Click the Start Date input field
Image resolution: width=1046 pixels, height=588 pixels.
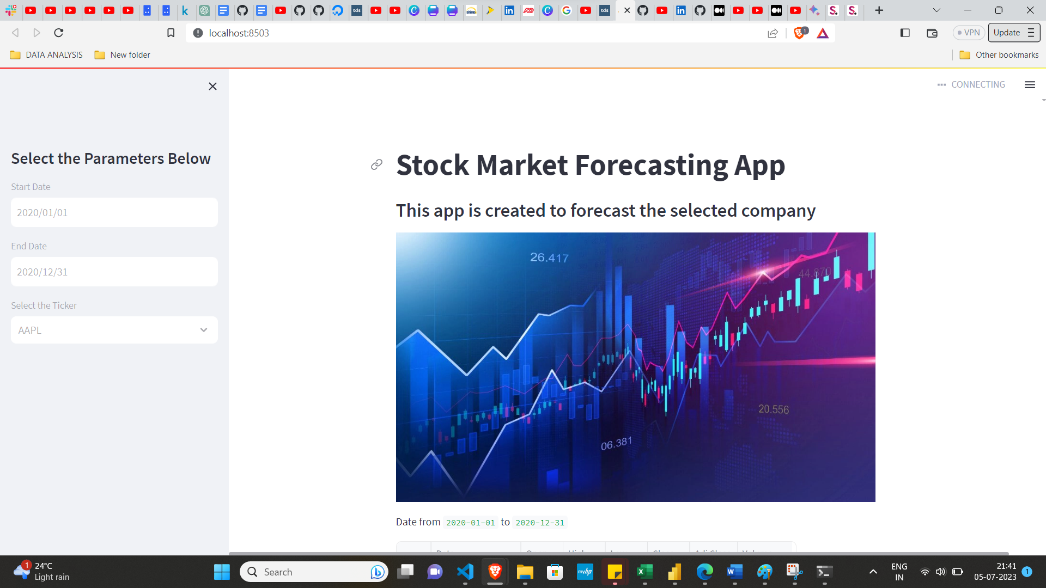tap(114, 212)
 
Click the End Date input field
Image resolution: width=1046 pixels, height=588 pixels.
tap(114, 272)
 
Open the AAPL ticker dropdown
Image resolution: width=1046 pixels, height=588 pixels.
tap(114, 330)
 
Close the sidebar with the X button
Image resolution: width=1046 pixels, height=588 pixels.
tap(212, 87)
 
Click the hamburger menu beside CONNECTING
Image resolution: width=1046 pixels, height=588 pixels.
tap(1030, 85)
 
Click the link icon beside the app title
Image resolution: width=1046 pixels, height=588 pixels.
tap(376, 165)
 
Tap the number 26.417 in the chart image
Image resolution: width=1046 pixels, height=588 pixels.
tap(549, 258)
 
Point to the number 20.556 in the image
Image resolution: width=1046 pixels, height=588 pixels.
tap(774, 409)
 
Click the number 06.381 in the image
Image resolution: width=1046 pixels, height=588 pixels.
tap(616, 444)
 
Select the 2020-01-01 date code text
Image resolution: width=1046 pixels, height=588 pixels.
tap(471, 523)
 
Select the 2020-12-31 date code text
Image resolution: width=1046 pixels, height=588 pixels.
tap(540, 523)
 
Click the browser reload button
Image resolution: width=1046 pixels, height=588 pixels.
tap(59, 33)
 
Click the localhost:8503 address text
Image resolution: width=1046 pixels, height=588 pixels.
tap(239, 33)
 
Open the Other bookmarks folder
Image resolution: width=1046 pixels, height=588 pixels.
tap(999, 55)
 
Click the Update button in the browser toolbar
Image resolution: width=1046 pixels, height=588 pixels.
tap(1007, 33)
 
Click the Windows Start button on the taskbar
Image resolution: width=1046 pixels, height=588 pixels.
tap(222, 572)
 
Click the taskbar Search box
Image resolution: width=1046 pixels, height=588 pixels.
tap(313, 572)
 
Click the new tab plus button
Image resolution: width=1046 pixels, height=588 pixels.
tap(879, 10)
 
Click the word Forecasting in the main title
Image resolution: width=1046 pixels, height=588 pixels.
tap(651, 165)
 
